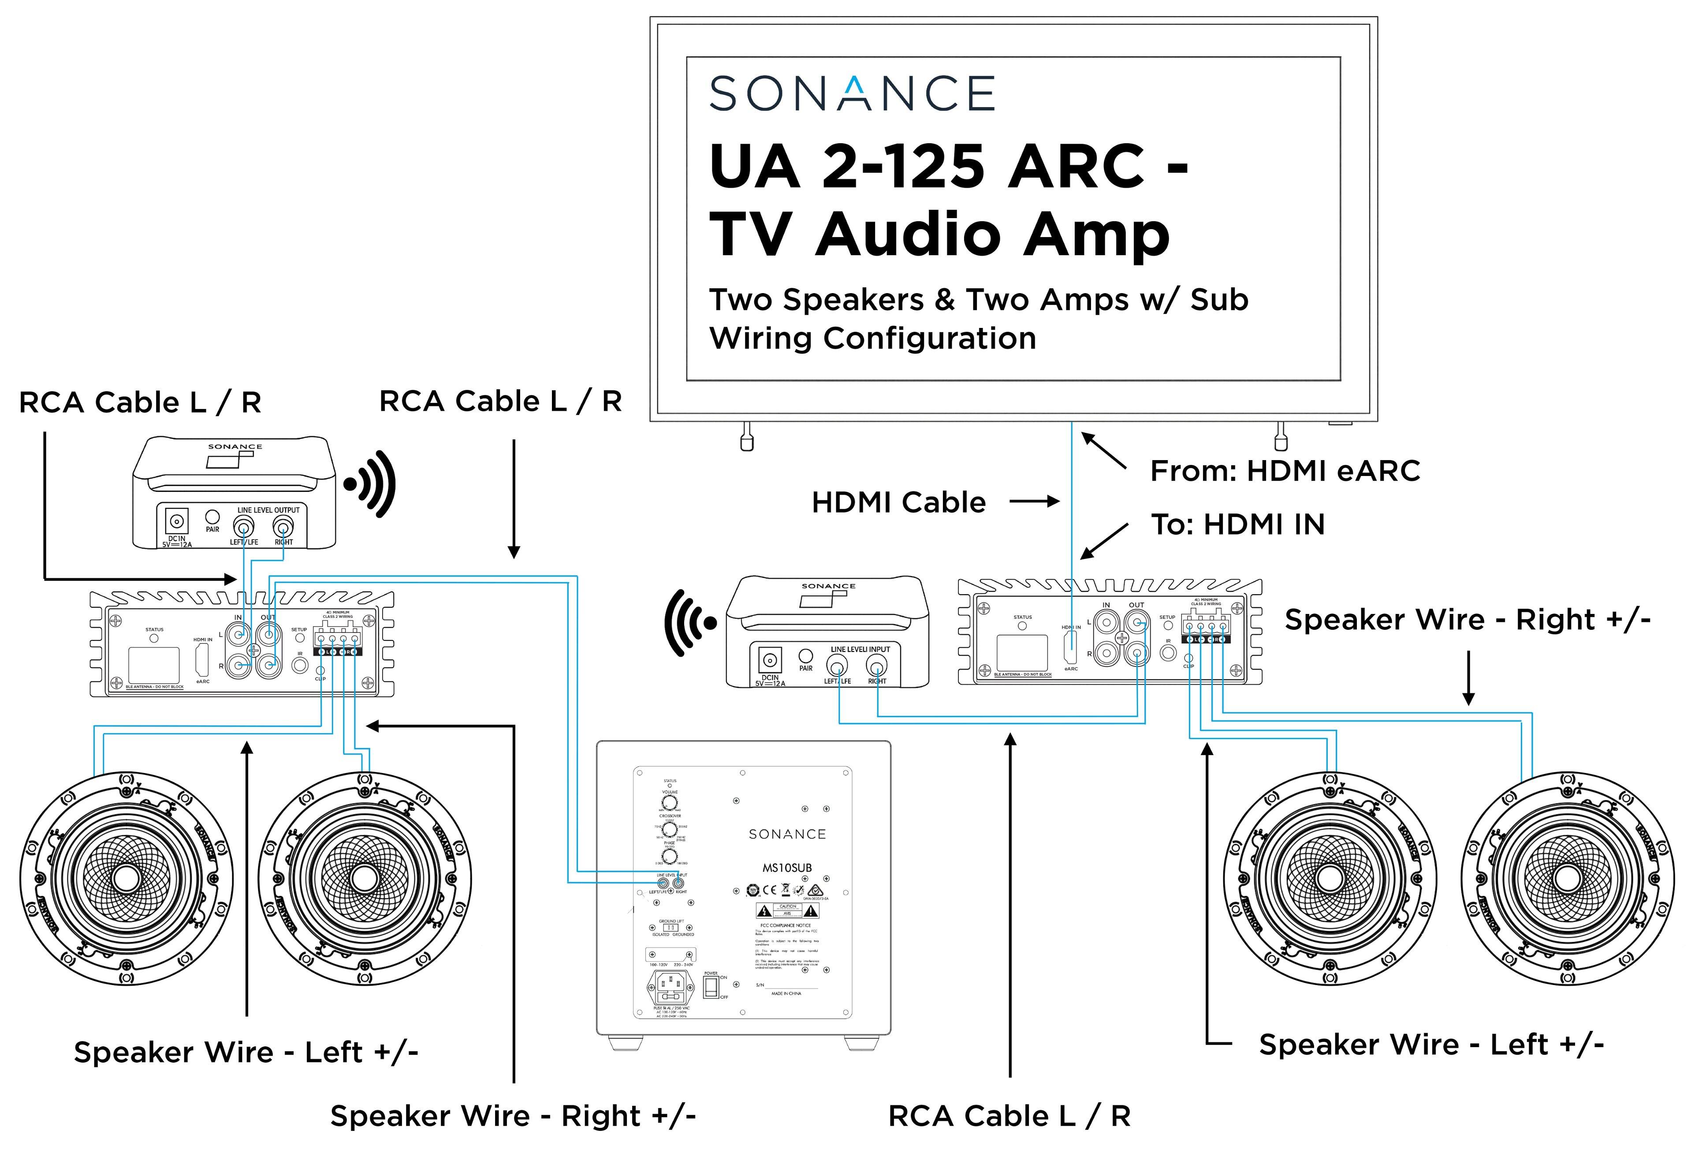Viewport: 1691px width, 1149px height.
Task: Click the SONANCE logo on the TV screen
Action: pyautogui.click(x=851, y=93)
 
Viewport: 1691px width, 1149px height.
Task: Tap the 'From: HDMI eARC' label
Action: pyautogui.click(x=1284, y=471)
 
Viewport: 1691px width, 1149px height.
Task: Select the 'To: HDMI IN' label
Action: pyautogui.click(x=1237, y=524)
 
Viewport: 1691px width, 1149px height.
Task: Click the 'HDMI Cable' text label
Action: pyautogui.click(x=898, y=502)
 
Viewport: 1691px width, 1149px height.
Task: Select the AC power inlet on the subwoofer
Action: pyautogui.click(x=670, y=987)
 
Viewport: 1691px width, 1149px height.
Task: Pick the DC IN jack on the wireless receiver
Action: pyautogui.click(x=770, y=661)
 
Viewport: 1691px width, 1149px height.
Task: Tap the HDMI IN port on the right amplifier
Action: pyautogui.click(x=1071, y=645)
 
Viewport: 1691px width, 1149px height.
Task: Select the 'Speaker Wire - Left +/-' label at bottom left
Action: pyautogui.click(x=246, y=1052)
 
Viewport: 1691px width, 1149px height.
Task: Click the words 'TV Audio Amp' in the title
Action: pyautogui.click(x=939, y=234)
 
